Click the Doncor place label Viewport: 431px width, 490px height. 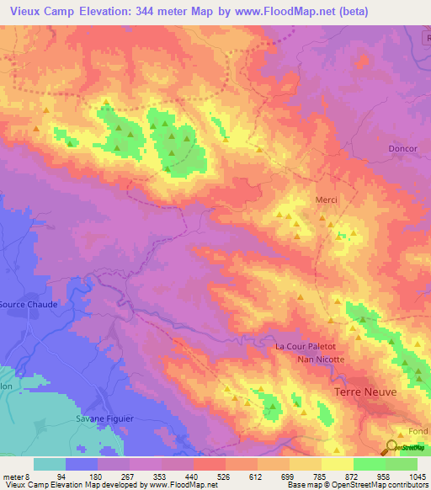click(403, 149)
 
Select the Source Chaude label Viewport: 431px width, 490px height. click(28, 305)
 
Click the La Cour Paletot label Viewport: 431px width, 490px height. click(306, 346)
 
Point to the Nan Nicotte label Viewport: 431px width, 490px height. click(321, 360)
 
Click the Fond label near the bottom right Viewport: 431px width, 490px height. click(418, 432)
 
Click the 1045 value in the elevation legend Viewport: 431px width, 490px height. click(417, 476)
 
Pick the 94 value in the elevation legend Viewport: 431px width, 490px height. click(61, 476)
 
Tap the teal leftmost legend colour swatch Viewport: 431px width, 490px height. click(50, 464)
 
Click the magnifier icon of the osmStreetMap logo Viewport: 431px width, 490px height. click(392, 448)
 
